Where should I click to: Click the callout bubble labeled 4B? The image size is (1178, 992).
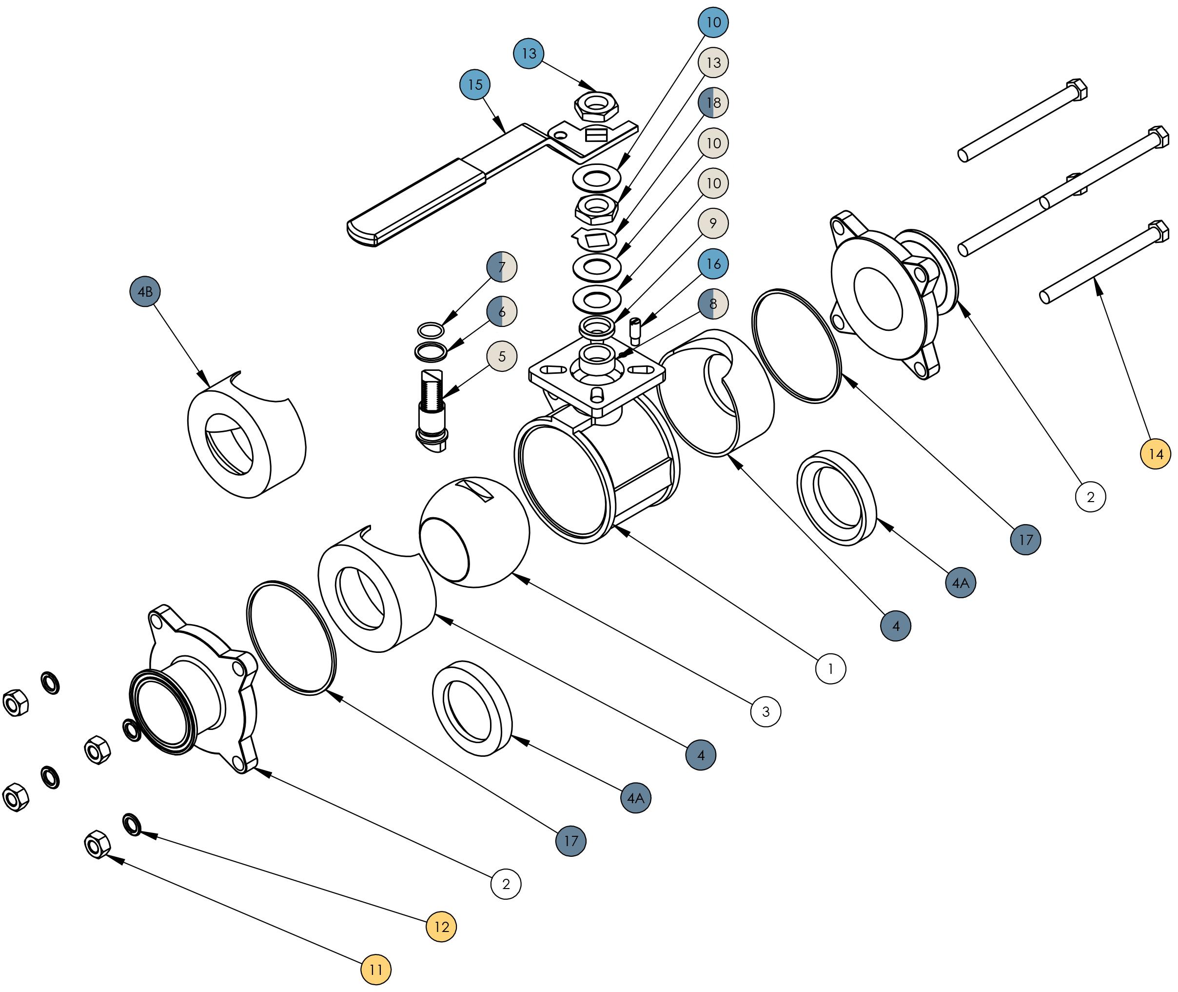click(145, 291)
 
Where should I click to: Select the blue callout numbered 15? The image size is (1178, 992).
click(475, 85)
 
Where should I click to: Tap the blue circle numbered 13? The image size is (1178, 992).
click(529, 53)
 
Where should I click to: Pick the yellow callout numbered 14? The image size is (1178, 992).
click(1156, 454)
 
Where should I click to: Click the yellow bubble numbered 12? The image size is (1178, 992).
click(441, 927)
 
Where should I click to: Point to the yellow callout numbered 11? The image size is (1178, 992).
click(376, 970)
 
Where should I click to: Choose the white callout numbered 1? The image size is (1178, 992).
click(831, 668)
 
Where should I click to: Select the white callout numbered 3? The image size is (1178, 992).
click(766, 711)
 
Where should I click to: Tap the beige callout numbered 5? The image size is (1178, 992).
click(502, 356)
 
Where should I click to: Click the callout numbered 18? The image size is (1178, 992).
click(713, 103)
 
